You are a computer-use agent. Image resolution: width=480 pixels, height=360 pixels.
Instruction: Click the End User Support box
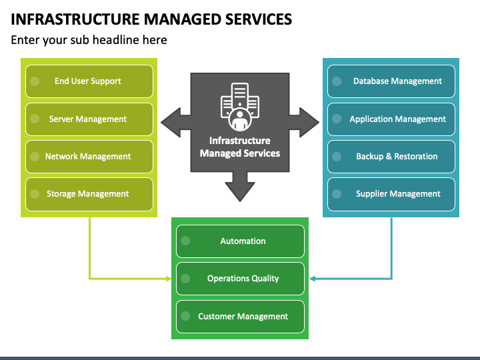click(89, 81)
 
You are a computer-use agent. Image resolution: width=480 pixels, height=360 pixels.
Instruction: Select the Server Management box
click(89, 119)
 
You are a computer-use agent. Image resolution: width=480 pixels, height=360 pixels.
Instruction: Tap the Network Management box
click(89, 157)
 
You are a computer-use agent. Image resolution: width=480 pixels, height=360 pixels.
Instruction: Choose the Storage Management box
click(89, 194)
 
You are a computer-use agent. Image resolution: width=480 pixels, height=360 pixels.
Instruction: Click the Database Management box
click(391, 81)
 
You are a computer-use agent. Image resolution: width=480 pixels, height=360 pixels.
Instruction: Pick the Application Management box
click(391, 119)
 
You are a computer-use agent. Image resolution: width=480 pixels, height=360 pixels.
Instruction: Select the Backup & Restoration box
click(391, 157)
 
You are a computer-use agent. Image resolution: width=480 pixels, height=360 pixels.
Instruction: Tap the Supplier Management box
click(391, 194)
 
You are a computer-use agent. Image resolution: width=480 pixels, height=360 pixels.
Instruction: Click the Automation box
click(240, 241)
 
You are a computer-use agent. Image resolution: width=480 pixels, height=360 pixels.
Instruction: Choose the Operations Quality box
click(240, 279)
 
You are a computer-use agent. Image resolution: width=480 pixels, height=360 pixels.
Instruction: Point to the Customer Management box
click(240, 317)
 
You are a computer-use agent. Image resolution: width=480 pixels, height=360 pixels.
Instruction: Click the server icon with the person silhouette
click(240, 107)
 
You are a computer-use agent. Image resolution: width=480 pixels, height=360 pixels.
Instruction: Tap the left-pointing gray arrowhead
click(171, 123)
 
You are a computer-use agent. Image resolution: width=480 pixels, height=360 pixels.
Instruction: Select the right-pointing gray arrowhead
click(309, 123)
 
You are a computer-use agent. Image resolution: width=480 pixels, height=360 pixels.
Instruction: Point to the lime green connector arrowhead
click(169, 279)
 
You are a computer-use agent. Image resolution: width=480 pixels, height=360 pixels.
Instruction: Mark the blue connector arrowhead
click(312, 279)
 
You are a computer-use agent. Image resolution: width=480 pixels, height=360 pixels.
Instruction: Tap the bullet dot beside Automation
click(185, 241)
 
